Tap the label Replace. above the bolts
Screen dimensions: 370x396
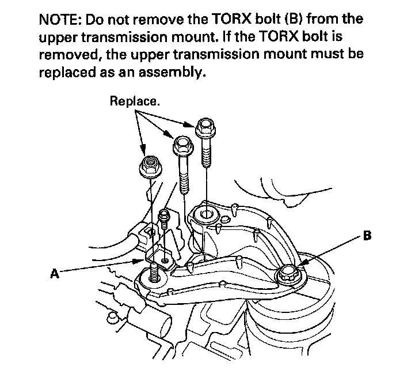tap(135, 101)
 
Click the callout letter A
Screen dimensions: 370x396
tap(55, 274)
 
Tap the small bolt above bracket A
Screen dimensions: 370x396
tap(163, 216)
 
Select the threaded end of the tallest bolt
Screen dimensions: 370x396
tap(206, 156)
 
